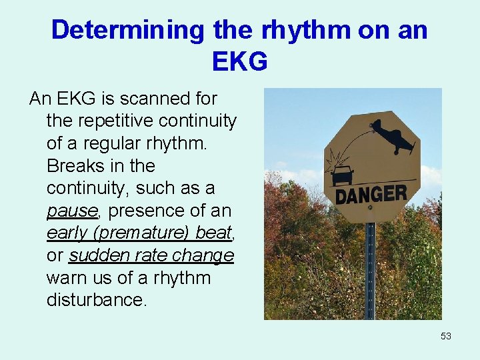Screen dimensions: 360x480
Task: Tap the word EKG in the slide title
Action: (x=239, y=61)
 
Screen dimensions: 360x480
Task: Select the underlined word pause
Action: (x=72, y=211)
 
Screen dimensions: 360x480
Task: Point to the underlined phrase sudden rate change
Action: (x=151, y=256)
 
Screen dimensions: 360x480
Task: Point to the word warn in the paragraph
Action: (x=65, y=278)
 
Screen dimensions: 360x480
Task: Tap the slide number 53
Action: (x=446, y=336)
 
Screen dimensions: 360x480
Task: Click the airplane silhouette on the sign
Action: (x=393, y=137)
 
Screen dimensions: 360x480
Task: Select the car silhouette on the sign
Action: (x=342, y=175)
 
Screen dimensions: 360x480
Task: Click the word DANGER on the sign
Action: (x=371, y=195)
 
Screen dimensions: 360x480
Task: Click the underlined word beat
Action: (x=213, y=234)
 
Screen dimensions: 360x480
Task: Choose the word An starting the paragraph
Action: (x=40, y=99)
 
